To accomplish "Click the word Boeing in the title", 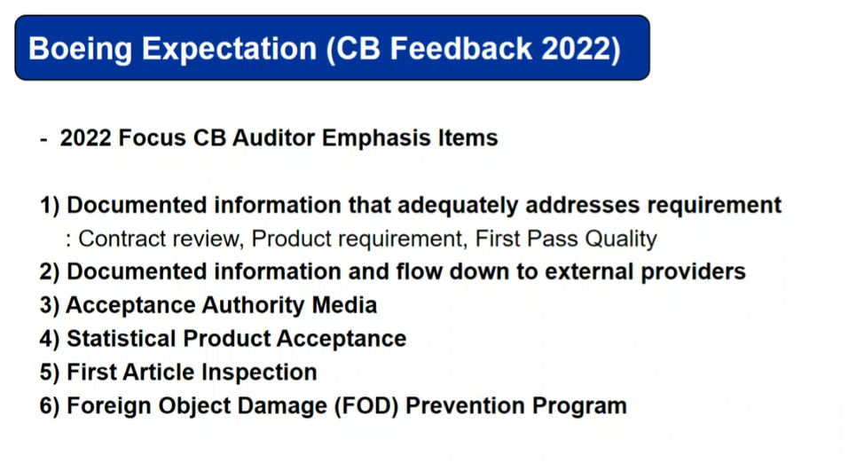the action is pos(80,50).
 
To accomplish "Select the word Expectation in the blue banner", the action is pos(229,50).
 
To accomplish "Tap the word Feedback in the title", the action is pos(460,48).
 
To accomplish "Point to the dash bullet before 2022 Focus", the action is pos(43,139).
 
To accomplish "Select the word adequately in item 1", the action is pos(458,206).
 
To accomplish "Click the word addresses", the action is pos(583,205).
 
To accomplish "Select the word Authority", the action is pos(253,305).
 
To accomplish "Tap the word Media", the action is pos(344,305).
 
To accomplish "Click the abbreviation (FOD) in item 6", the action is pos(366,406).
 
